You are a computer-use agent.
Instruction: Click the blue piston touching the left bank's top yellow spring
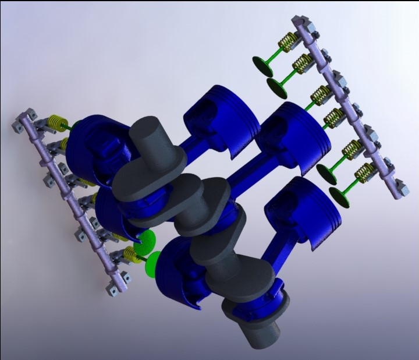(93, 149)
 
